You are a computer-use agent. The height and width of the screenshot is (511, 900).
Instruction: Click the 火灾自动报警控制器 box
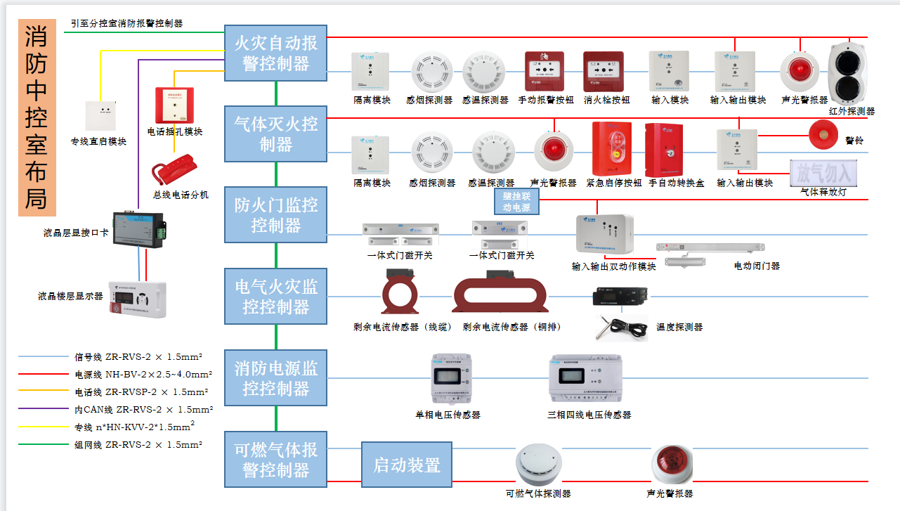(x=275, y=53)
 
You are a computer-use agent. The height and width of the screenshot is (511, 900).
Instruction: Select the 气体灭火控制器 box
(x=275, y=134)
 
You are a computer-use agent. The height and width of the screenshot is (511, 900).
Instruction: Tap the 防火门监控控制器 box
(x=275, y=215)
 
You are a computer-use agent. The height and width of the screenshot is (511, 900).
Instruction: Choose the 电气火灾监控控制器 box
(x=275, y=296)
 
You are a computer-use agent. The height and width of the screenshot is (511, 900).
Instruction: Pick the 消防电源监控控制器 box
(x=275, y=377)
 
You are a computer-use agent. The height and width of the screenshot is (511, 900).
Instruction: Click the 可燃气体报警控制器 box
(x=275, y=460)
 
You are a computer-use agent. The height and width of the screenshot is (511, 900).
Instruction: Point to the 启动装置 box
(x=406, y=465)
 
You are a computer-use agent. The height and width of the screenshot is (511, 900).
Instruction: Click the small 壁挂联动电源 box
(x=516, y=202)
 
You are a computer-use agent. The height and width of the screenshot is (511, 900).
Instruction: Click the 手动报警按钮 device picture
(x=544, y=71)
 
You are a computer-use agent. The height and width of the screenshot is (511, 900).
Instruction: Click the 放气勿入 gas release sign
(x=823, y=172)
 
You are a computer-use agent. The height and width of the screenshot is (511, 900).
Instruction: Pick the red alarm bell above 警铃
(x=823, y=133)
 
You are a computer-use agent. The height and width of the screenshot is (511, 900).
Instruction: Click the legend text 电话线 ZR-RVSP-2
(x=141, y=392)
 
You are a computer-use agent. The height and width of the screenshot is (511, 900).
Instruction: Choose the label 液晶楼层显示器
(x=70, y=296)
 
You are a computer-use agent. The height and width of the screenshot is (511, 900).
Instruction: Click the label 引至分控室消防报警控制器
(x=126, y=23)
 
